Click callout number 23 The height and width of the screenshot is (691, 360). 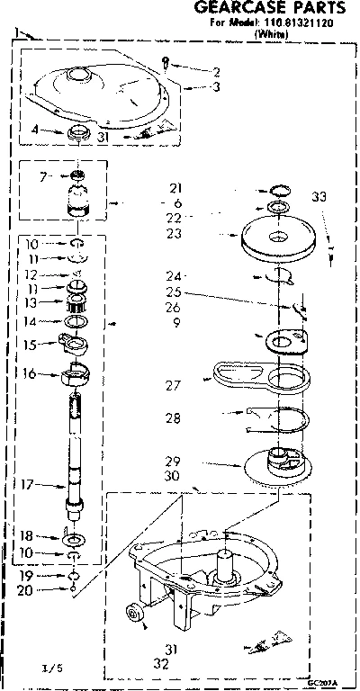[x=175, y=233]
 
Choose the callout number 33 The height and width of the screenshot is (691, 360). [x=319, y=197]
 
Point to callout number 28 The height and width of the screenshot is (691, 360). [x=175, y=417]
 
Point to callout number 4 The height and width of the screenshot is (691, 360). [x=33, y=130]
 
